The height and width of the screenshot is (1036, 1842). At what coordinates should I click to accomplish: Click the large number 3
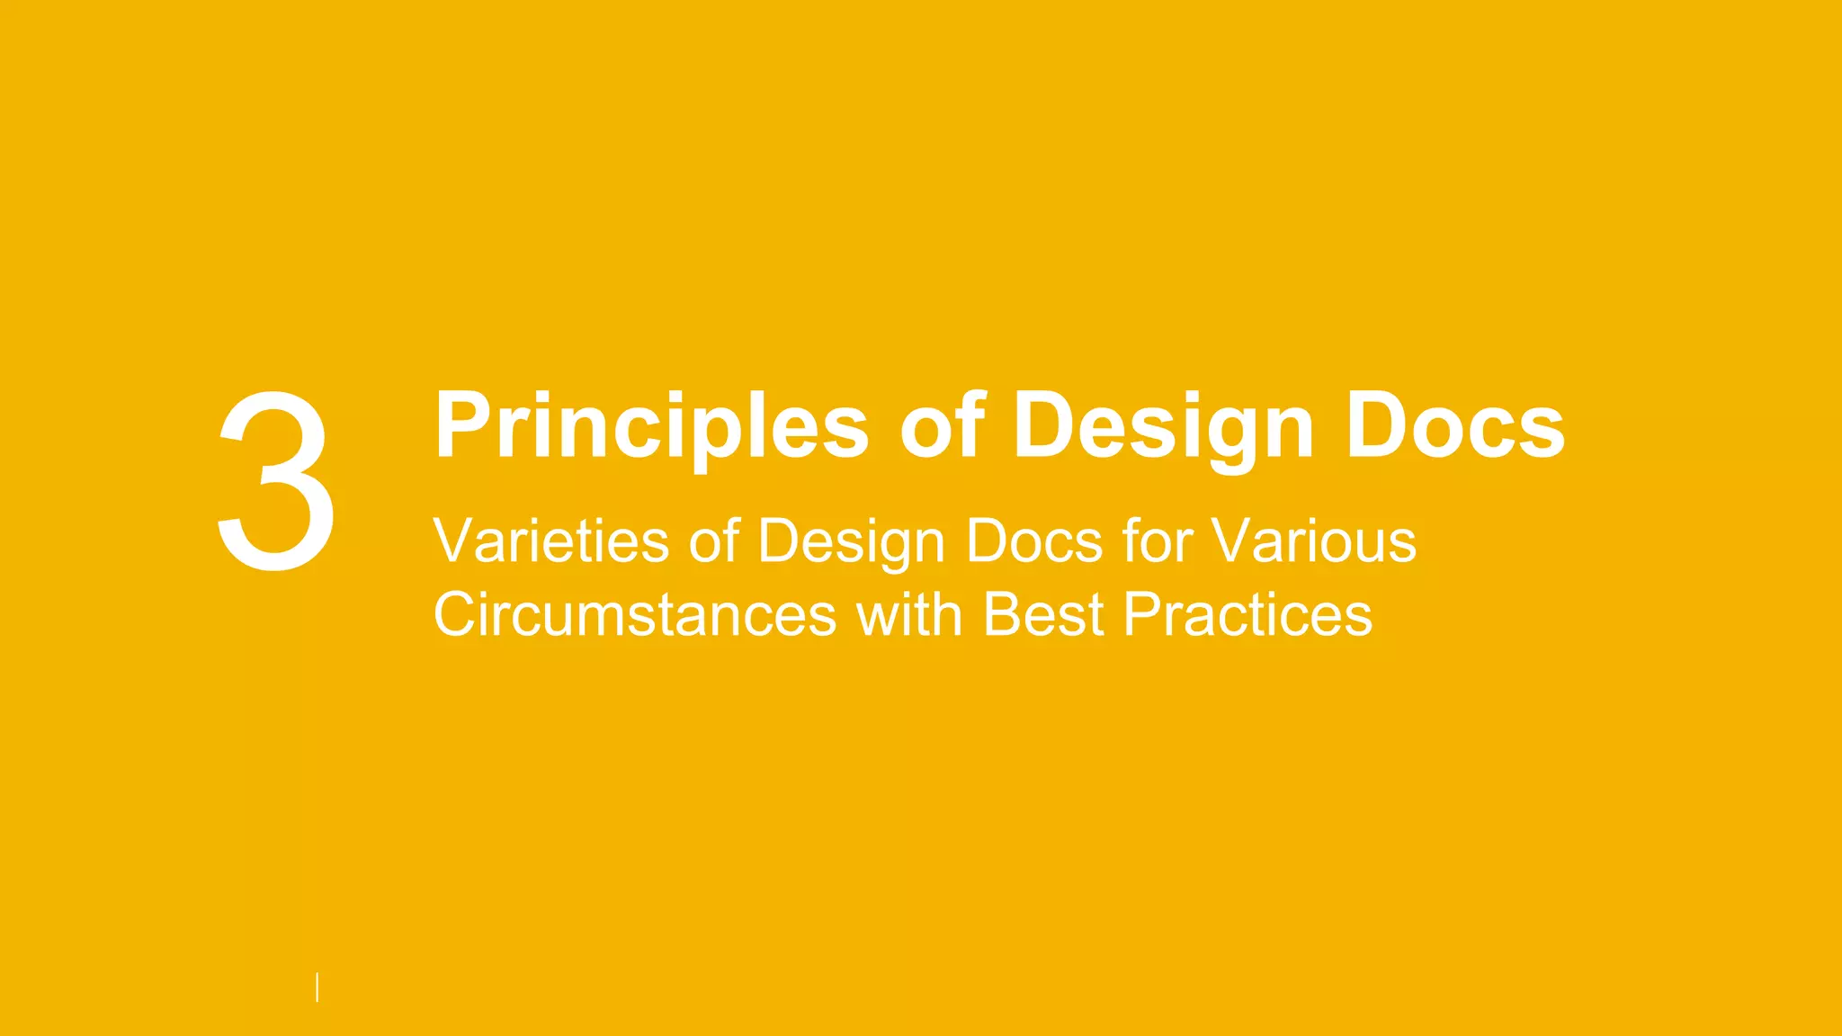click(276, 481)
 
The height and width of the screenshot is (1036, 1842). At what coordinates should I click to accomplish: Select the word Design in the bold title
click(1164, 426)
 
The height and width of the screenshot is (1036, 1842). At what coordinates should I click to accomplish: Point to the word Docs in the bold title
click(1454, 426)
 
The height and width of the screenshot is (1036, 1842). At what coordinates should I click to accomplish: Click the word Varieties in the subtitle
click(550, 541)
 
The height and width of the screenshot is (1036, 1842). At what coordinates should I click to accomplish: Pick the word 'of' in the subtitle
click(714, 541)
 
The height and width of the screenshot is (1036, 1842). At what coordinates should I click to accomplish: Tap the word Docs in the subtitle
click(1034, 541)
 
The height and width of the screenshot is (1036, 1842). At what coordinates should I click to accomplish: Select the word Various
click(1313, 541)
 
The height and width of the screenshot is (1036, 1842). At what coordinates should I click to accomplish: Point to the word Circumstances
click(635, 615)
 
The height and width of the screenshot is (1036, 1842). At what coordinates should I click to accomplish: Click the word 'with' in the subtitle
click(908, 615)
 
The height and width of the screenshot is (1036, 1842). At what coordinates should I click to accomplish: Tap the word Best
click(1043, 615)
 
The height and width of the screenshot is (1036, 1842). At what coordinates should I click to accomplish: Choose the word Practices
click(1248, 615)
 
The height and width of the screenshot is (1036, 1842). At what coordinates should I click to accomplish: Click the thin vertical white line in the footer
click(317, 987)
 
